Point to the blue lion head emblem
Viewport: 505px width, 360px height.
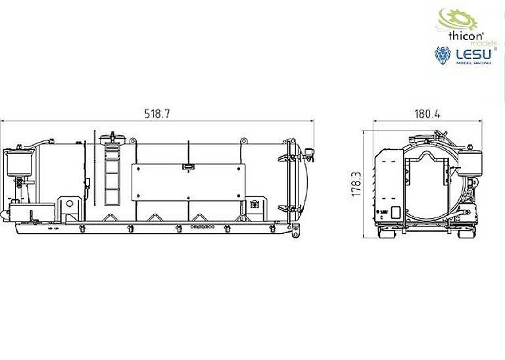(443, 56)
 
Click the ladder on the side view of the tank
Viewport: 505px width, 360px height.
(111, 174)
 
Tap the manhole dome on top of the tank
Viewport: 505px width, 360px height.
(112, 138)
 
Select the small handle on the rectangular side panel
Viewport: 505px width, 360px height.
(188, 167)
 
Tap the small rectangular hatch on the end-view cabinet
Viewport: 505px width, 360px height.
(396, 213)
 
